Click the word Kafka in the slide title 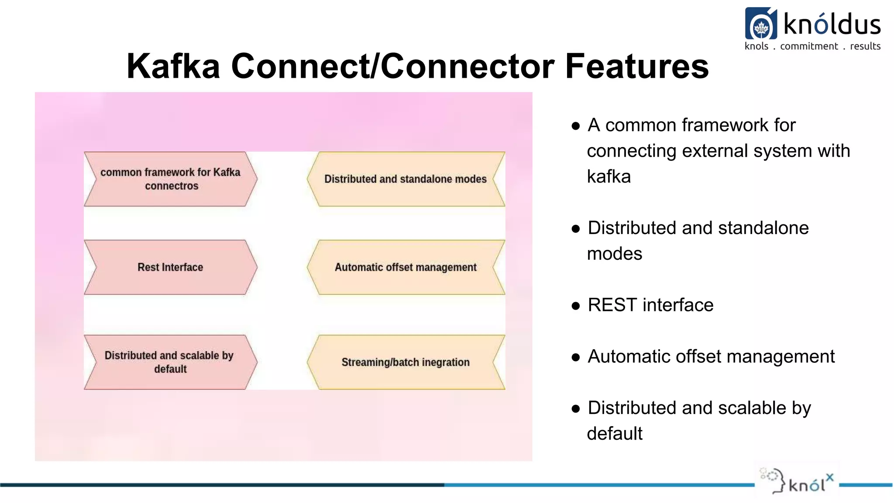[173, 66]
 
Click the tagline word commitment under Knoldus [809, 46]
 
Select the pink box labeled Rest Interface [170, 267]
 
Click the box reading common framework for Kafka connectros [170, 179]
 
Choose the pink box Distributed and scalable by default [170, 362]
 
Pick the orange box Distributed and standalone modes [406, 179]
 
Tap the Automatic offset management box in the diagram [406, 267]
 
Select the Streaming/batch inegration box [406, 362]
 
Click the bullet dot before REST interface [576, 306]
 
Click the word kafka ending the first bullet [609, 177]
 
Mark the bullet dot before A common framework [576, 126]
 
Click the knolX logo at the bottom [797, 482]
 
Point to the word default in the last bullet [614, 434]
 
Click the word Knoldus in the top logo [832, 24]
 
